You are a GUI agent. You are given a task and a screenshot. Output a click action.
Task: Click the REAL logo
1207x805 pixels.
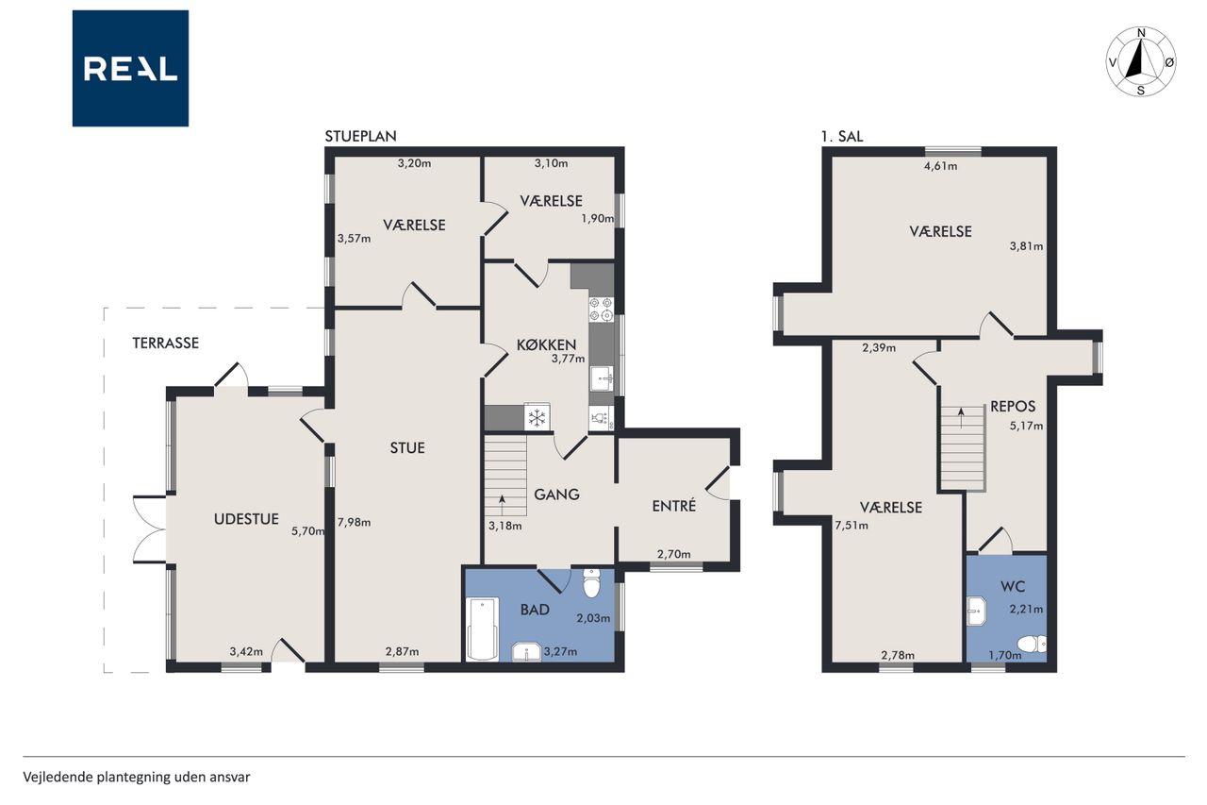tap(130, 69)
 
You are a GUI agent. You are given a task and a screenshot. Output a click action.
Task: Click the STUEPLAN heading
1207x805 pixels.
tap(360, 137)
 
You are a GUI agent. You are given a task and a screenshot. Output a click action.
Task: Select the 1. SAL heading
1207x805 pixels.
tap(842, 137)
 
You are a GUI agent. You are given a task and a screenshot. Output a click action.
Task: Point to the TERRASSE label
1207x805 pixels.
tap(166, 343)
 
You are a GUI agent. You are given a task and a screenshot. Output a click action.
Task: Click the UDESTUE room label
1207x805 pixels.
tap(246, 519)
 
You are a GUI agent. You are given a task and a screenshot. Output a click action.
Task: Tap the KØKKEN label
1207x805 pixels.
tap(546, 344)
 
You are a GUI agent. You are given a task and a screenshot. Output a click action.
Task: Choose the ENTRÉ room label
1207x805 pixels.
tap(674, 505)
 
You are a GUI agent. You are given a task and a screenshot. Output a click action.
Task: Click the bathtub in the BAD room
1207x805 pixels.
tap(482, 629)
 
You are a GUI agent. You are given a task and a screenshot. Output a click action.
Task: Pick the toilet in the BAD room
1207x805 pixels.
tap(591, 582)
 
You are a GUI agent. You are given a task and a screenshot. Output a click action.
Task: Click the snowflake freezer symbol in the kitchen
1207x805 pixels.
tap(537, 417)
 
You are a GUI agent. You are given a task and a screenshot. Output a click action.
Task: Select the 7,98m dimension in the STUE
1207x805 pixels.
tap(354, 522)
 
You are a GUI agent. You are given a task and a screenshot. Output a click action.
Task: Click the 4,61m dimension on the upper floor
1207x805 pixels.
tap(941, 166)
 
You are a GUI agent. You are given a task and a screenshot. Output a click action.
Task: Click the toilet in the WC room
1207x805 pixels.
tap(1032, 644)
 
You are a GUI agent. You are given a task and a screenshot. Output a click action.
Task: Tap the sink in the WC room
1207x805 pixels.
tap(976, 611)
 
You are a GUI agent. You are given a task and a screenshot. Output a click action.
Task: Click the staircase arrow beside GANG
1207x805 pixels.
tap(503, 506)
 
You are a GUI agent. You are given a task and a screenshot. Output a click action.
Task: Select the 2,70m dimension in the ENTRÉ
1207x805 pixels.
tap(673, 554)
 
